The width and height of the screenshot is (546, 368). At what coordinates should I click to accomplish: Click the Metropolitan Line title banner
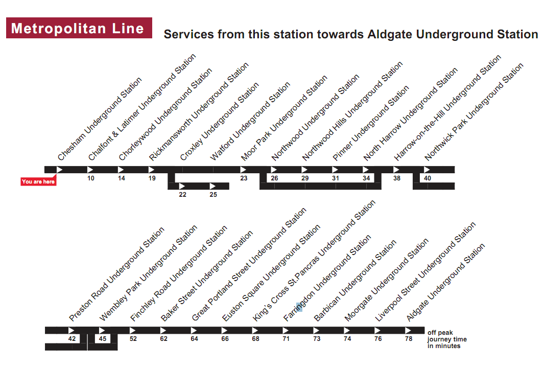79,28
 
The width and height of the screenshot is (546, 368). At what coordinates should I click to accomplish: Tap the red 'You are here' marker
38,182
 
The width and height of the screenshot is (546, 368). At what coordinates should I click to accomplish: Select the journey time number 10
91,178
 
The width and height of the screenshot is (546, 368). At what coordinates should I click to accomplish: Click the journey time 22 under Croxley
182,195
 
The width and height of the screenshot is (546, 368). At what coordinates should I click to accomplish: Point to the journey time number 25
213,195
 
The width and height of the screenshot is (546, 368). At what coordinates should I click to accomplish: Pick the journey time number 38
397,178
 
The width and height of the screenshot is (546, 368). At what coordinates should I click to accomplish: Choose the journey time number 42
72,339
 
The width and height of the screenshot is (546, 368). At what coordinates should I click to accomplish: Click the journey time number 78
409,339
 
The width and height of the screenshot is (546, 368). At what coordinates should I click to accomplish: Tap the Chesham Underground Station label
100,119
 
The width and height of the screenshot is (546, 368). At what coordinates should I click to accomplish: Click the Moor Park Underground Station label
284,118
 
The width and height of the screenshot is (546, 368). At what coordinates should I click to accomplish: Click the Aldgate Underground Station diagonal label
445,283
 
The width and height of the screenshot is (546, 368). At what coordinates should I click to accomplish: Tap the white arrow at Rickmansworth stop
152,170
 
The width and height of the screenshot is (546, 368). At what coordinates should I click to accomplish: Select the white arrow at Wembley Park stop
102,331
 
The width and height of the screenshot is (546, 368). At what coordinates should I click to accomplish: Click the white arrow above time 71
286,331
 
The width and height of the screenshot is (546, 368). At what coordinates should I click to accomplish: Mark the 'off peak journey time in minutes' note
447,339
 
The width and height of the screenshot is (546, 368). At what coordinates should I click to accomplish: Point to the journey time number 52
133,339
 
